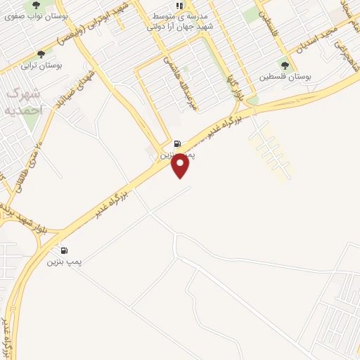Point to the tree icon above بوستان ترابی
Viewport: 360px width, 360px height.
41,54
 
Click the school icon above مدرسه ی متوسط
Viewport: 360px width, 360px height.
179,6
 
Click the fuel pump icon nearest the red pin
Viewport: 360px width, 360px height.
177,143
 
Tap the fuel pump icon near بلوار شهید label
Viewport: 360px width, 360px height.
64,250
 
